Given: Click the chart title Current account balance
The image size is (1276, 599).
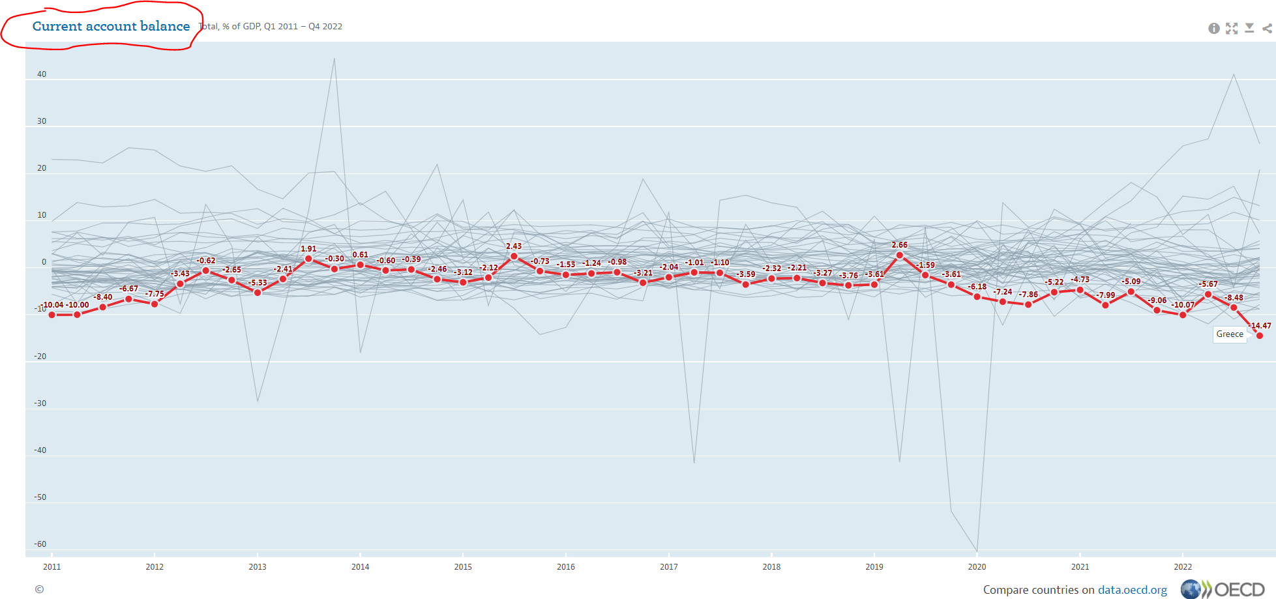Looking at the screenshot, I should coord(111,27).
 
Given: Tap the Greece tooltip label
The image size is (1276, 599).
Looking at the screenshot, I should coord(1230,334).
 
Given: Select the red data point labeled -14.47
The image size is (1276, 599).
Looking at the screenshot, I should coord(1260,336).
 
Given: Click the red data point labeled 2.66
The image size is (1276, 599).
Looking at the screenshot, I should coord(900,256).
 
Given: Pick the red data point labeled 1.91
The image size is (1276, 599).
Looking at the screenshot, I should coord(308,259).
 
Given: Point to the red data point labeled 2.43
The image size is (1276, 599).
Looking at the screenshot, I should coord(514,257).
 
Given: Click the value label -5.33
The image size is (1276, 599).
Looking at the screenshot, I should coord(258,283).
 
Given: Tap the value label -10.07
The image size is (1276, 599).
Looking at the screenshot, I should coord(1183,305).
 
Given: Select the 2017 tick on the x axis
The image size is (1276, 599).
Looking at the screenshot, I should coord(668,566).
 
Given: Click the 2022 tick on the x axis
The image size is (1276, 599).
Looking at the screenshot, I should coord(1183,566).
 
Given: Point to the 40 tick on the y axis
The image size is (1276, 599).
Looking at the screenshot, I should coord(42,74).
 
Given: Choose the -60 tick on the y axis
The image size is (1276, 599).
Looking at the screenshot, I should coord(40,544).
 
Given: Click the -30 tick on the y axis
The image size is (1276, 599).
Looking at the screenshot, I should coord(40,403).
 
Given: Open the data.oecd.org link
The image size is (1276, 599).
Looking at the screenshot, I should coord(1132,590).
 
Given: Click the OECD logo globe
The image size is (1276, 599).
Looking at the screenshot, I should coord(1191,589).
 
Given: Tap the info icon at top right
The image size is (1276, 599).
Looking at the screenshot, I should coord(1213,28).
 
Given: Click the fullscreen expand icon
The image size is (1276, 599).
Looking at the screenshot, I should coord(1232,28).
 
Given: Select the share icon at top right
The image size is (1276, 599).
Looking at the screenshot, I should coord(1267,28).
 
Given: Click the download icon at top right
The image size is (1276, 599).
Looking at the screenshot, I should coord(1249,28).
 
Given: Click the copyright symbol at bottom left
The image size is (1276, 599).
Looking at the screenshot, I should coord(39,589).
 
